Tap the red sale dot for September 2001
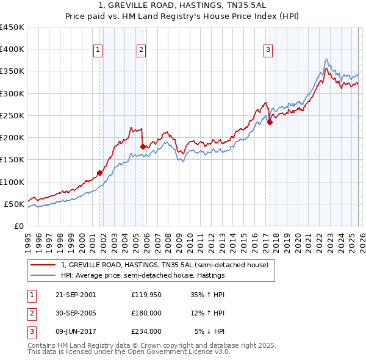pos(99,173)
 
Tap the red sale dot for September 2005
pos(143,146)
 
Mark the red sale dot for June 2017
pos(269,123)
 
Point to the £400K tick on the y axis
pos(12,49)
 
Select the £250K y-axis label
pos(12,115)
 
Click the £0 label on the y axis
pos(18,226)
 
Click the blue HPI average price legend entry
pos(143,275)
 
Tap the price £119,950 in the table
pos(146,294)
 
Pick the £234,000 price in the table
pos(146,331)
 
